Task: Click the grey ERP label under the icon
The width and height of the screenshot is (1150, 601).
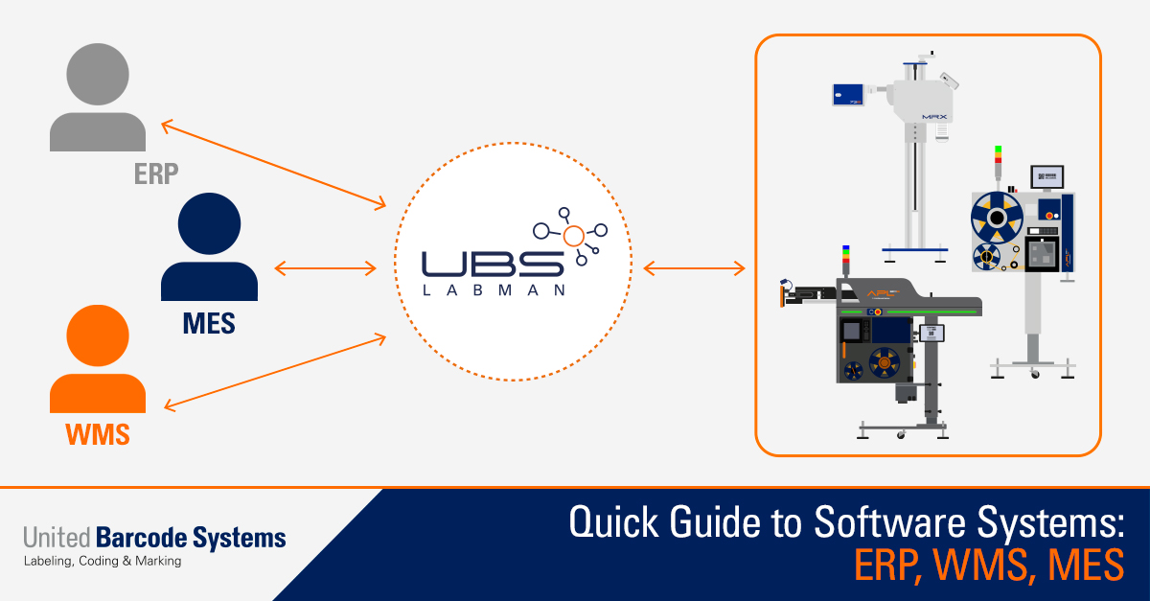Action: point(157,174)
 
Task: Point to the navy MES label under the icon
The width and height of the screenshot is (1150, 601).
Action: point(209,324)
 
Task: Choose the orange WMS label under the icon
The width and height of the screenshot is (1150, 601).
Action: point(98,434)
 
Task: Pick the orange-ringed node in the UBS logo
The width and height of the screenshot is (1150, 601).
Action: point(573,236)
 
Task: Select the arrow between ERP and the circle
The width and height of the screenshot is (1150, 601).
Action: point(273,164)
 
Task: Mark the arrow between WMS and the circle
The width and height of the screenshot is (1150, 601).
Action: point(274,372)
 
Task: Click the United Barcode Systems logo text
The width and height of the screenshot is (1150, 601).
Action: point(154,537)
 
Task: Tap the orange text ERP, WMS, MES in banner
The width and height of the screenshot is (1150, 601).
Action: point(988,566)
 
